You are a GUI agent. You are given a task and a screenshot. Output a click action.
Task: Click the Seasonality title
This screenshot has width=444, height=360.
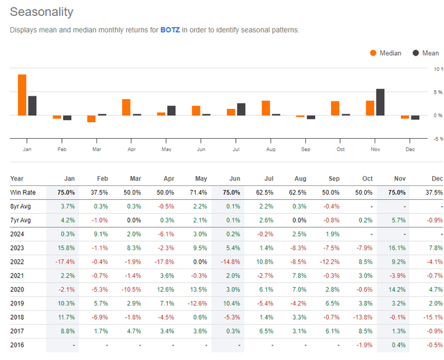pos(40,12)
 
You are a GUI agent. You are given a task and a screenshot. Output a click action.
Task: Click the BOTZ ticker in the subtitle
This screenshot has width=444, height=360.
pos(170,30)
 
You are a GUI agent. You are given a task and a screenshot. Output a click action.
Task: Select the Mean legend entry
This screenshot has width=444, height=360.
pos(426,53)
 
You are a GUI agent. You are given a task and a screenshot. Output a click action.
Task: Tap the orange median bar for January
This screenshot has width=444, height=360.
pos(22,94)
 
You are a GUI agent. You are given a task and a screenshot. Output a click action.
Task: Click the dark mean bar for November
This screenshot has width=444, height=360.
pos(380,102)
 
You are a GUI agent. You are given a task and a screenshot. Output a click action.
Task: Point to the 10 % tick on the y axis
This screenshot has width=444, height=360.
pos(437,69)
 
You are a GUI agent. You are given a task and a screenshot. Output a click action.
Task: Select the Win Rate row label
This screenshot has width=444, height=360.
pos(25,191)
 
